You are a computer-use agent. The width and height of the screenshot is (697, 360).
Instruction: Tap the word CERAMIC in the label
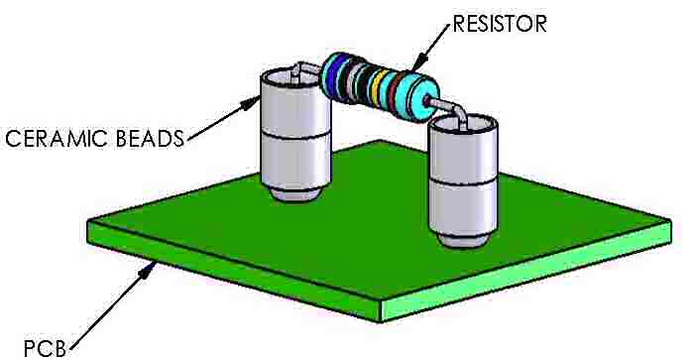coord(54,139)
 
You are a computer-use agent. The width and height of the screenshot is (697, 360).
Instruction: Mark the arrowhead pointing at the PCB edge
coord(150,267)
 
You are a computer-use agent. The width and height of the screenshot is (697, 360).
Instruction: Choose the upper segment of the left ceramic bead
coord(290,107)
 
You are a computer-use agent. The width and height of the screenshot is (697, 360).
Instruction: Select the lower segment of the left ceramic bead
coord(290,159)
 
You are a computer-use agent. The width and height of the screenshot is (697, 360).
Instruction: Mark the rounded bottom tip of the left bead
coord(290,193)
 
